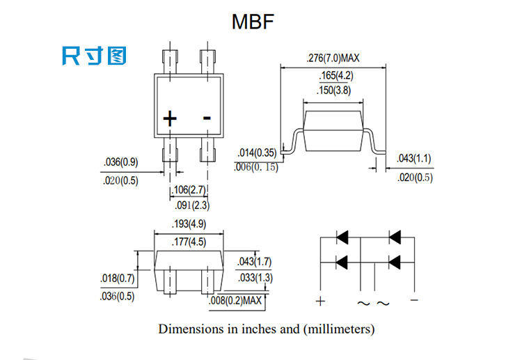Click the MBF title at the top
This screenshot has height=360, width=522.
(253, 22)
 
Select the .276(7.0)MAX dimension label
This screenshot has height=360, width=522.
(333, 59)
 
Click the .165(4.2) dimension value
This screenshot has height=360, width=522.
(332, 75)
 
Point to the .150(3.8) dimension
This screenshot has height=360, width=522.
(332, 91)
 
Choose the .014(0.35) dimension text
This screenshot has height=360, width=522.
(257, 153)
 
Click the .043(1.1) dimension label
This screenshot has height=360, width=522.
(413, 159)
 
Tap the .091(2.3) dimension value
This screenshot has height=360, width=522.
(190, 205)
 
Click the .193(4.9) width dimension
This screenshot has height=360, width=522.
(189, 224)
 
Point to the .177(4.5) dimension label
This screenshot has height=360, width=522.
(189, 242)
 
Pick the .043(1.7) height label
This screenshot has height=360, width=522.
(255, 262)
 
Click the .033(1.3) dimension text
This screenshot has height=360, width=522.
(255, 278)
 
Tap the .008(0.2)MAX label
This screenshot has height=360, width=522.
(235, 301)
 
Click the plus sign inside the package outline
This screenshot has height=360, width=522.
(170, 119)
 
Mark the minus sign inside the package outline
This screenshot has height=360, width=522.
(207, 118)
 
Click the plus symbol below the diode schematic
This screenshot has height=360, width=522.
(320, 302)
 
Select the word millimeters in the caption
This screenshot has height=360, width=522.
(339, 328)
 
